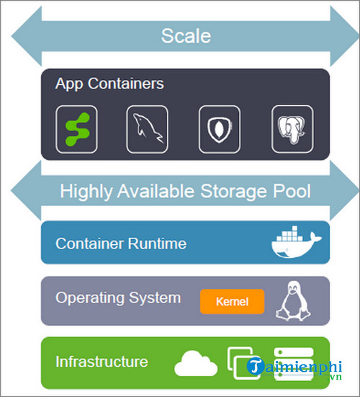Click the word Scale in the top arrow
pyautogui.click(x=185, y=36)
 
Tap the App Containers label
pyautogui.click(x=109, y=84)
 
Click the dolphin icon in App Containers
pyautogui.click(x=147, y=130)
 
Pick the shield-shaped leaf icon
pyautogui.click(x=219, y=130)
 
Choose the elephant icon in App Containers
pyautogui.click(x=292, y=130)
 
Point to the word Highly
pyautogui.click(x=86, y=192)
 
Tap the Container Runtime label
pyautogui.click(x=121, y=244)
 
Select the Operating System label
pyautogui.click(x=118, y=298)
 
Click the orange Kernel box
pyautogui.click(x=232, y=302)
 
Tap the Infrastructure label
pyautogui.click(x=102, y=362)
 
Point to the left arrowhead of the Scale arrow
pyautogui.click(x=22, y=36)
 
